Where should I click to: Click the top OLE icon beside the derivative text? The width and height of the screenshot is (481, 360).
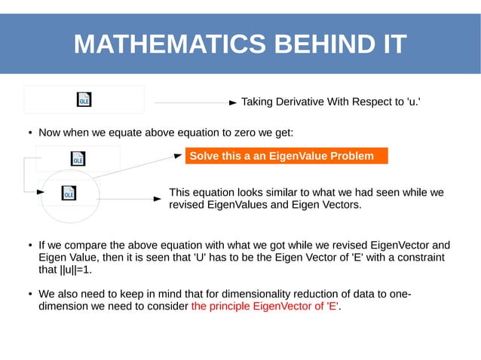click(x=84, y=99)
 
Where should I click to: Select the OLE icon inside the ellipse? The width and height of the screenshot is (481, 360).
click(x=69, y=194)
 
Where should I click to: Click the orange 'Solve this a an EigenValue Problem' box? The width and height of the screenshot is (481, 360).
click(x=286, y=156)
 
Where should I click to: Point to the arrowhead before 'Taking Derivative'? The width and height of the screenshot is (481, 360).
click(x=234, y=102)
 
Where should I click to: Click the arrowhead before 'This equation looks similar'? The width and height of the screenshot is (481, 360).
click(x=158, y=199)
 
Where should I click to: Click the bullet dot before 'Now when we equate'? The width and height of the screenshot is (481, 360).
click(x=29, y=134)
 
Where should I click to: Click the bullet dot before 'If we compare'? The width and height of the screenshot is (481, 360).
click(x=29, y=246)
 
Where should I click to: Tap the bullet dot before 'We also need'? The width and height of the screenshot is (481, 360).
click(x=29, y=294)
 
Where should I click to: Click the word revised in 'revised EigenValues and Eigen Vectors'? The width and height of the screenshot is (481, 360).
click(x=188, y=204)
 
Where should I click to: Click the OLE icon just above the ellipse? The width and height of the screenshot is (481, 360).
click(x=78, y=158)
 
